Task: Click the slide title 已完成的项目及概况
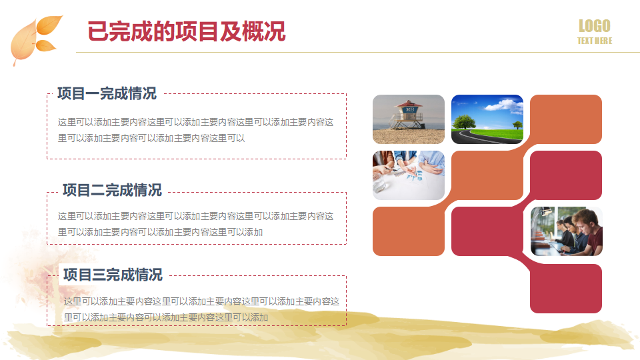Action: (187, 31)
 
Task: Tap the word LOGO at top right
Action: (594, 26)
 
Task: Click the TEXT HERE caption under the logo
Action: (594, 41)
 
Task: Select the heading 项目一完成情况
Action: (107, 93)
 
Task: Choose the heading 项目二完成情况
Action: (112, 190)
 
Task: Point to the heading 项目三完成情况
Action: (113, 275)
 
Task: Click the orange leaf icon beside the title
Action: (35, 39)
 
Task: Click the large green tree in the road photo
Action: (464, 122)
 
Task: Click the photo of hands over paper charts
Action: (409, 175)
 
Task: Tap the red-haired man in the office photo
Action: (588, 231)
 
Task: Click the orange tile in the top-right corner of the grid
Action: (566, 119)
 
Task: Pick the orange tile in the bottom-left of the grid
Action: (409, 231)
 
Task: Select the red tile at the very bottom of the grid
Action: (566, 289)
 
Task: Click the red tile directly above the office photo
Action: (566, 175)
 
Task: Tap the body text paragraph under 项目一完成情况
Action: (195, 130)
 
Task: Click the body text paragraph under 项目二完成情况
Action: (195, 224)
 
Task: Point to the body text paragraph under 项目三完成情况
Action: (201, 309)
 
